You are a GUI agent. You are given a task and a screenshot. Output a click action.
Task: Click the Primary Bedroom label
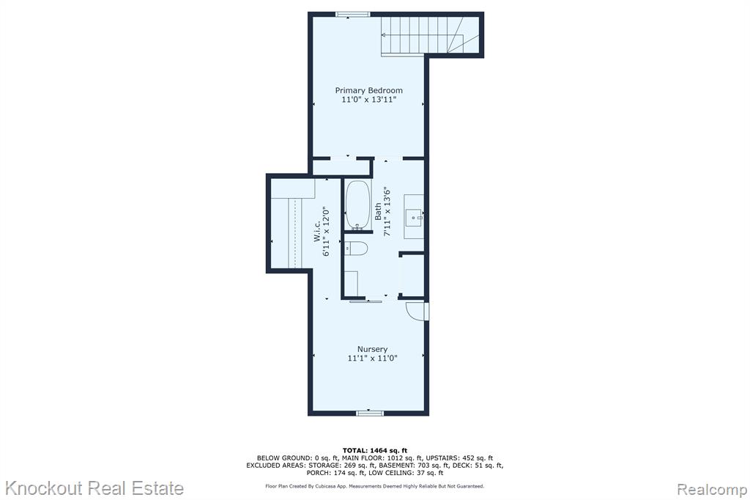coord(369,90)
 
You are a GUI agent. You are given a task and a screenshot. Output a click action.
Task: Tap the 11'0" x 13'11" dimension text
coord(369,100)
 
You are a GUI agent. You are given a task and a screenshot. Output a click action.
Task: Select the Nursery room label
coord(372,349)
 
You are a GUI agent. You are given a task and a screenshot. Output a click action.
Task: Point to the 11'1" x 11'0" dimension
coord(372,359)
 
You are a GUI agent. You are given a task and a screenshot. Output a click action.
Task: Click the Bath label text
coord(378,211)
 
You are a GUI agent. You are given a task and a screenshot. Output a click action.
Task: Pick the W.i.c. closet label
coord(317,231)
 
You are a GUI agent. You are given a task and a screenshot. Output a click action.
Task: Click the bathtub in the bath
coord(357,205)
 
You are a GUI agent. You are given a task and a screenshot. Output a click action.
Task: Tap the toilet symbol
coord(356,248)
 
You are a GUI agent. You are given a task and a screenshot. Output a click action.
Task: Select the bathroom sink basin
coord(414,218)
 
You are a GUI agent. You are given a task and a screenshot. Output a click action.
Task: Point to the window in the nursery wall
coord(370,412)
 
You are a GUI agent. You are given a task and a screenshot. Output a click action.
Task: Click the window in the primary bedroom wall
coord(353,15)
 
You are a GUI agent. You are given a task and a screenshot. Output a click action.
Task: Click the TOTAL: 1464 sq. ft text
coord(375,450)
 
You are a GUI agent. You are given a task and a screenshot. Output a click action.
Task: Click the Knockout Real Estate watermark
coord(94,488)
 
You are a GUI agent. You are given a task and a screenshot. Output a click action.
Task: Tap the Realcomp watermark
coord(712,490)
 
